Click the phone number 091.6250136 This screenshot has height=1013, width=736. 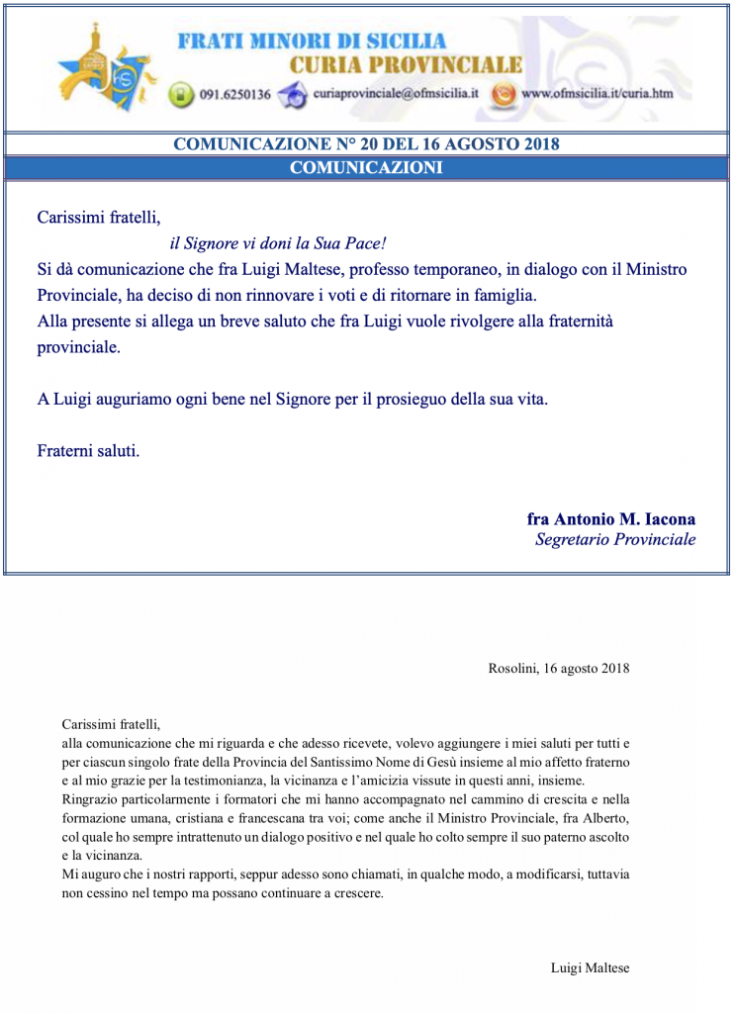coord(234,95)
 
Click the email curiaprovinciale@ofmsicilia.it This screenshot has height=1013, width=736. coord(396,95)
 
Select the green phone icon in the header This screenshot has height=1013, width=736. coord(180,95)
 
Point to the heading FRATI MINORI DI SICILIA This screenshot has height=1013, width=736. coord(312,42)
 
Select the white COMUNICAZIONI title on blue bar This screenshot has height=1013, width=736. coord(366,168)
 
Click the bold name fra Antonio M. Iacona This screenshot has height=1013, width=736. coord(610,518)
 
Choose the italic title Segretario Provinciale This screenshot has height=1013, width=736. coord(614,540)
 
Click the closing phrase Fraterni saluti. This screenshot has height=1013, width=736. coord(88,451)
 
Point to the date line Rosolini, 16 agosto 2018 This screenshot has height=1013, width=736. coord(559,669)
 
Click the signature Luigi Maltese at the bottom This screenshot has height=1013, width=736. coord(590,968)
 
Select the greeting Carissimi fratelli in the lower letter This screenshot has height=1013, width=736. coord(110,723)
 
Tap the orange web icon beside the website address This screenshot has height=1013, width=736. coord(504,95)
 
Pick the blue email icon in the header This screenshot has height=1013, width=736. coord(293,95)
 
